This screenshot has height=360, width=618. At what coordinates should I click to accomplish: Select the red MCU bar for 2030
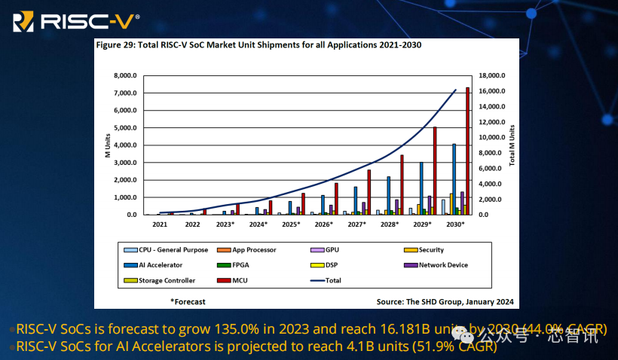coord(467,151)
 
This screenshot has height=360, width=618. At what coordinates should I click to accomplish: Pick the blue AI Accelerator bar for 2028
coord(388,196)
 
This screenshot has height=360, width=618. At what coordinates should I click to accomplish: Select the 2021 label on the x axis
coord(160,224)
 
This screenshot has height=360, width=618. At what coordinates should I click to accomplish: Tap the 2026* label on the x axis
coord(323,224)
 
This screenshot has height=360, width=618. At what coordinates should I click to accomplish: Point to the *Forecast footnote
coord(188,301)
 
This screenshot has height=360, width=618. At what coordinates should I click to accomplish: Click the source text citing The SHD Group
coord(445,301)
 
